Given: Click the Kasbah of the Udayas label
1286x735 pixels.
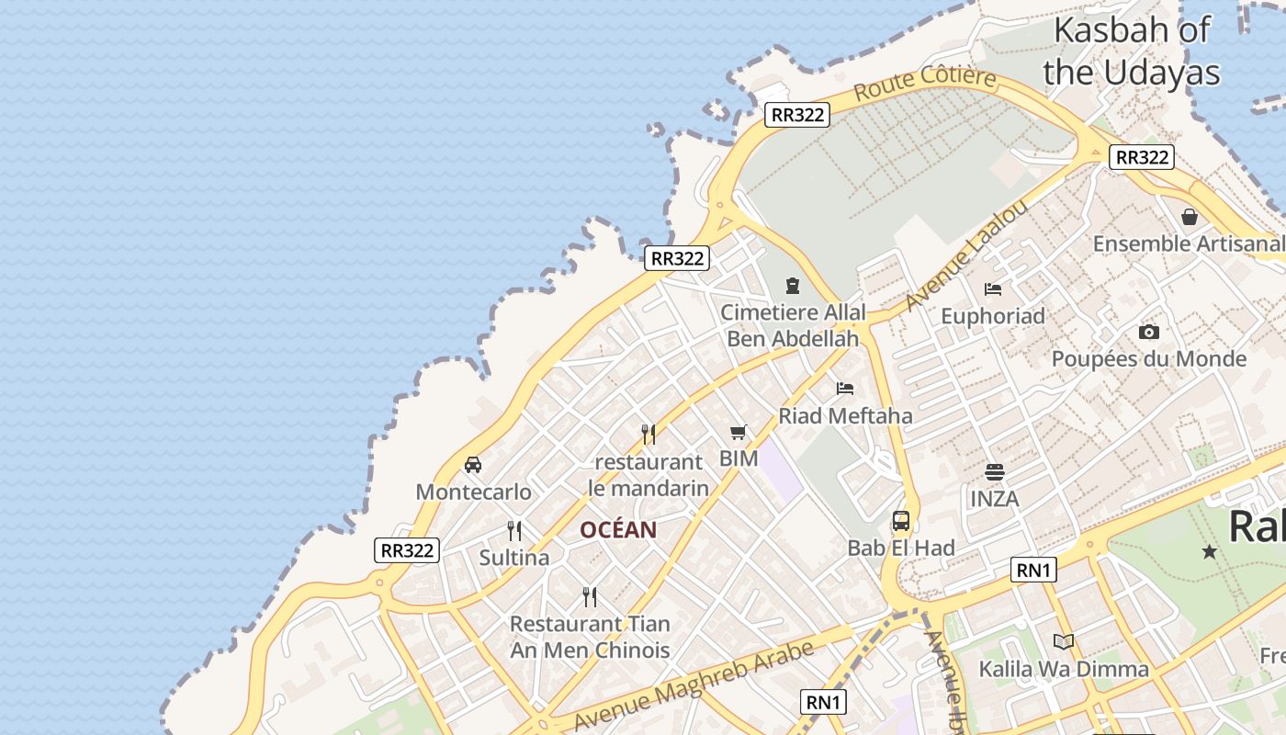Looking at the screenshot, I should click(1131, 51).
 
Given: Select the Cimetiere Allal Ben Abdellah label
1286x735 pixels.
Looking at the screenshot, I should click(793, 325).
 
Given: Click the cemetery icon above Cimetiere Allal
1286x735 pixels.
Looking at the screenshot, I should click(793, 286).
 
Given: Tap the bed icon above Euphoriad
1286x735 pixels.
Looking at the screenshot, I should click(993, 289).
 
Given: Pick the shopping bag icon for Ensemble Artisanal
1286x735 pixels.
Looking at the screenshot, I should click(1190, 217).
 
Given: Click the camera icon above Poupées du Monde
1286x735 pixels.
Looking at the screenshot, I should click(1148, 332).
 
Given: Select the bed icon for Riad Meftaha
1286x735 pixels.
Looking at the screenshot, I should click(845, 389).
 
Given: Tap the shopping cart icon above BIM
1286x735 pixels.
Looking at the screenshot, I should click(738, 432).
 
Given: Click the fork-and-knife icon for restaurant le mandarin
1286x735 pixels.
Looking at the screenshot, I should click(649, 434).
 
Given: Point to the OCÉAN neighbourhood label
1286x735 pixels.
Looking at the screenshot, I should click(618, 530).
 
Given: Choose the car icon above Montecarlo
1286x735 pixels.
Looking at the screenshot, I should click(473, 465).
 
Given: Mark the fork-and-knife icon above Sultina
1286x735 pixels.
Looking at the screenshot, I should click(514, 530).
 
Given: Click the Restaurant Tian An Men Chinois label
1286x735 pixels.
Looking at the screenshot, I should click(590, 637).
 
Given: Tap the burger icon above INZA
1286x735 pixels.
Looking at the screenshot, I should click(994, 472).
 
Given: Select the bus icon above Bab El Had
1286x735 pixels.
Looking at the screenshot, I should click(901, 521).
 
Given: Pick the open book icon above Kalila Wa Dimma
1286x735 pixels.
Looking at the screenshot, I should click(1064, 641).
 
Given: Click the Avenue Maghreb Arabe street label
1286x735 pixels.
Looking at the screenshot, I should click(694, 685).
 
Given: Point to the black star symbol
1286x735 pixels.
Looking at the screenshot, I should click(1210, 551).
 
